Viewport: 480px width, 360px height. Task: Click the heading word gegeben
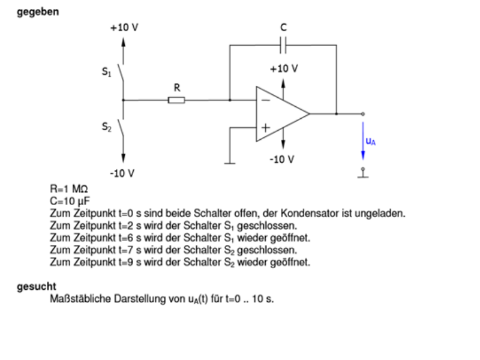tap(38, 12)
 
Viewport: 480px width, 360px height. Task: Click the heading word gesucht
tap(37, 287)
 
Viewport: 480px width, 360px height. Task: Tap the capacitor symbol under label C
tap(283, 46)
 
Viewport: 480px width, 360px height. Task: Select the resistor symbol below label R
tap(176, 100)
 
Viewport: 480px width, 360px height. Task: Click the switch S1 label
tap(107, 72)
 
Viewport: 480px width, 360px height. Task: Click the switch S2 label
tap(107, 127)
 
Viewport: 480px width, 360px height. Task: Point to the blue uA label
tap(371, 141)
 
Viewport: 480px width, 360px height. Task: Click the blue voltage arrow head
tap(363, 155)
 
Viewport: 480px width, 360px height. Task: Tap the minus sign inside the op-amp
tap(266, 100)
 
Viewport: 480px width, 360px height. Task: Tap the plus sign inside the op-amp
tap(265, 127)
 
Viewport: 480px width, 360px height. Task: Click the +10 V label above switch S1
tap(124, 28)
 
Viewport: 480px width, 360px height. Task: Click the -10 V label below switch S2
tap(122, 173)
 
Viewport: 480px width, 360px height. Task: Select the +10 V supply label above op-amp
tap(284, 68)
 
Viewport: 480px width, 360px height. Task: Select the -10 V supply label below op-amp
tap(281, 159)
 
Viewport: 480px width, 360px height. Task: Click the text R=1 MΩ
tap(69, 189)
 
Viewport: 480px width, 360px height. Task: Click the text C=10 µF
tap(70, 201)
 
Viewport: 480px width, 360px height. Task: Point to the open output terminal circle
tap(363, 114)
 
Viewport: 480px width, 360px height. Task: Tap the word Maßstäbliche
tap(80, 299)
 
